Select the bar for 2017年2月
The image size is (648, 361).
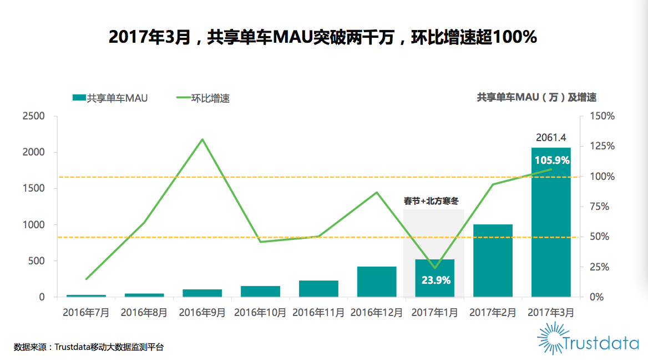pos(493,260)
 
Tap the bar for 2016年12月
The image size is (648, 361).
pos(377,282)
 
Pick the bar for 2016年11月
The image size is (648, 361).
pos(318,289)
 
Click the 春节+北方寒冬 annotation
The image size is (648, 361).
pos(434,201)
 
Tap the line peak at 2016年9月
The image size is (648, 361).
pos(202,139)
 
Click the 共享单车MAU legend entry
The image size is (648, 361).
pos(110,98)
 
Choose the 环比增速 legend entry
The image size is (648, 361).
pos(203,98)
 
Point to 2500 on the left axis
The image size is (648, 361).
pos(34,116)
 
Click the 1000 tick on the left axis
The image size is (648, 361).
pos(34,225)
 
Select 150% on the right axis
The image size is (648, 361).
pos(602,116)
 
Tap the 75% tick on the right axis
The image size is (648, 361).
pos(599,207)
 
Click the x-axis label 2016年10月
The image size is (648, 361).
pos(260,313)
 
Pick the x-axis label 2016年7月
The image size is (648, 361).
pos(86,313)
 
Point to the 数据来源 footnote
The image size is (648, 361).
pos(89,347)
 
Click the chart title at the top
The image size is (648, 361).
pos(323,37)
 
